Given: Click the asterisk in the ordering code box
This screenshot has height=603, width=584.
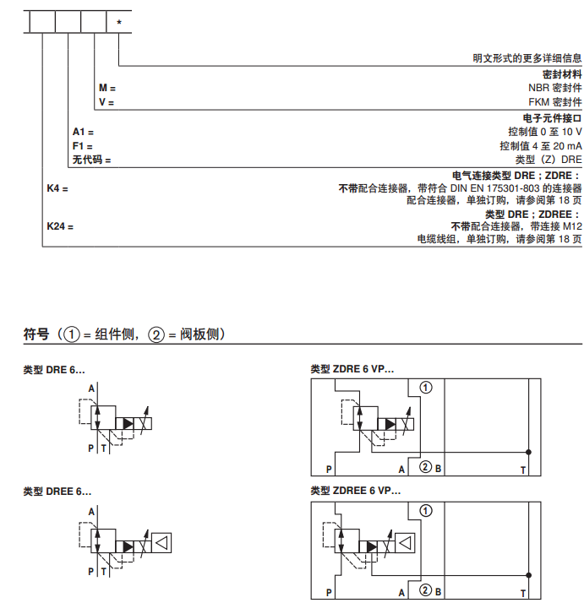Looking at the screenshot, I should point(118,21).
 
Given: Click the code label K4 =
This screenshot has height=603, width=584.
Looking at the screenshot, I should point(57,188).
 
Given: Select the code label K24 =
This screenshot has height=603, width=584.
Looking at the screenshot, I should point(60,226).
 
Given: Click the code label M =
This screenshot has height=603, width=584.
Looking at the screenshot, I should point(106,88).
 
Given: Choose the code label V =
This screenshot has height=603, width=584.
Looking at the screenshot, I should point(106,102).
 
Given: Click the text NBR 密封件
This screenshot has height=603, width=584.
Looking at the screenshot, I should point(549,88).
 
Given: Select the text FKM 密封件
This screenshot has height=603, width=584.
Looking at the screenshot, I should point(549,102).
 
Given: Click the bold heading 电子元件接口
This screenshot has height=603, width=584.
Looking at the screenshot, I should point(553,118).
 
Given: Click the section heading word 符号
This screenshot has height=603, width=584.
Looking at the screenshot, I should point(36,334).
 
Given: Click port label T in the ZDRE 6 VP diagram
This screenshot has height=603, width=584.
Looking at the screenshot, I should point(522,469).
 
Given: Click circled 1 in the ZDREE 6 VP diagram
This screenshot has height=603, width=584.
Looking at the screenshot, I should point(426,509).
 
